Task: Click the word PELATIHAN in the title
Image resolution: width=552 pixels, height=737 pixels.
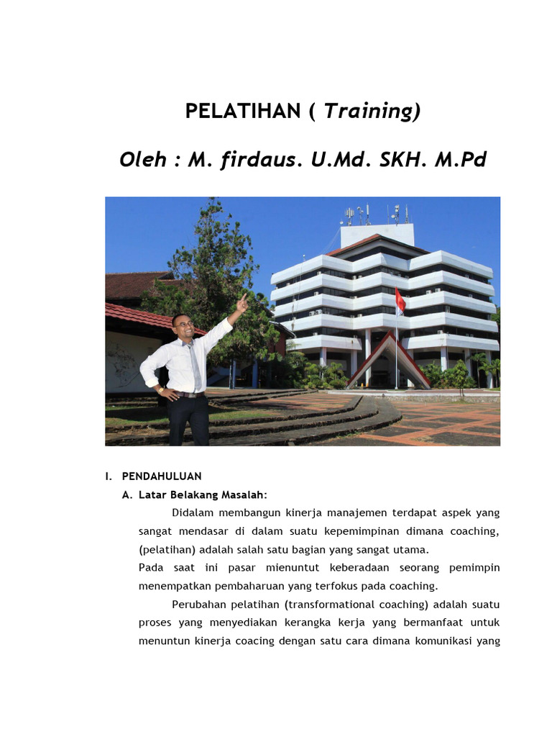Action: point(243,111)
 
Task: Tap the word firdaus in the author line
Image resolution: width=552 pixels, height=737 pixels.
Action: point(259,159)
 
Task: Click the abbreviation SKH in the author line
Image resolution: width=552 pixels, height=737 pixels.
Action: point(403,160)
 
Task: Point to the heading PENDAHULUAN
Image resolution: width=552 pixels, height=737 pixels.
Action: point(162,476)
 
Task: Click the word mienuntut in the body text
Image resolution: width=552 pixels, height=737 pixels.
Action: point(293,568)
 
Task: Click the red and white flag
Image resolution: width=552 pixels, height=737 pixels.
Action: point(400,302)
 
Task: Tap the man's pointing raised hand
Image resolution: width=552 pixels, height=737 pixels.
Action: point(241,303)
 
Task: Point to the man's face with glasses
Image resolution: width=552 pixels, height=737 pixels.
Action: point(183,326)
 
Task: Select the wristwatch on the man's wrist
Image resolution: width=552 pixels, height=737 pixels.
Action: point(161,390)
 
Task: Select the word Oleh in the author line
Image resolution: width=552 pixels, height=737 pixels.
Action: point(143,160)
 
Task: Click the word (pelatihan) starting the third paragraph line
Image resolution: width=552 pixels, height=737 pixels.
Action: point(167,550)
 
